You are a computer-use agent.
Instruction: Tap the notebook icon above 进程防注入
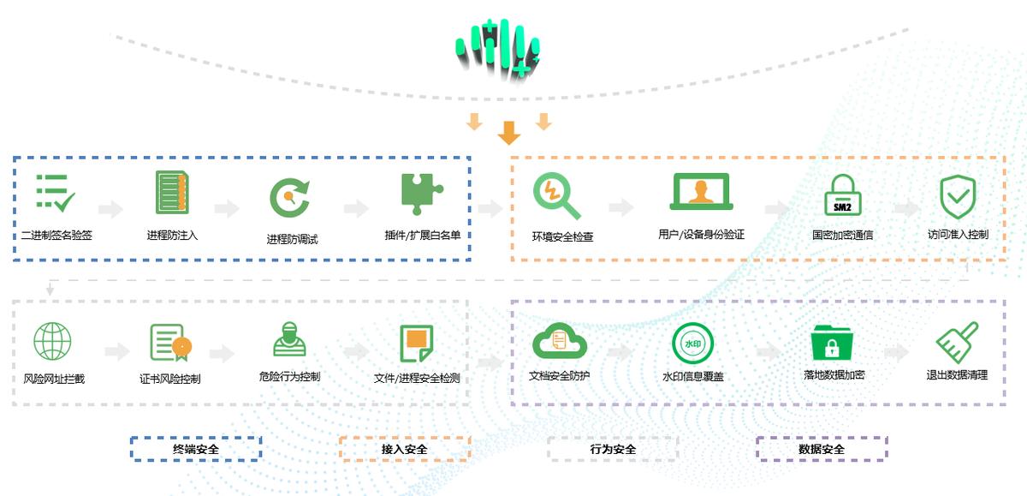[171, 193]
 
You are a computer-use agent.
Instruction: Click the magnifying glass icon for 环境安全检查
[555, 196]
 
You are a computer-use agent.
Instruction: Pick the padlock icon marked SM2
[842, 196]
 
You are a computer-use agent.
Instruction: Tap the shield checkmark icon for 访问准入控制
[958, 197]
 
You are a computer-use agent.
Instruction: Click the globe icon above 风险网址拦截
[53, 341]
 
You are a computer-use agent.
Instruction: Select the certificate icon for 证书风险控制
[169, 343]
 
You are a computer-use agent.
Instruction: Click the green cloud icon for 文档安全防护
[560, 342]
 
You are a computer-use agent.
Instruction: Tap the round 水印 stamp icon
[692, 344]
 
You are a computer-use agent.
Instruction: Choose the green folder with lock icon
[832, 343]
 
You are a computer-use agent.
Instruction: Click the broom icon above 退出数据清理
[957, 342]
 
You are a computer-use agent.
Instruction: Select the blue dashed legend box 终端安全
[196, 449]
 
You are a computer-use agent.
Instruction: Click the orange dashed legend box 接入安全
[405, 449]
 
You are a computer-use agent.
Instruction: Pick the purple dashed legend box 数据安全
[822, 449]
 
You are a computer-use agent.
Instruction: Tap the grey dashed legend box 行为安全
[613, 449]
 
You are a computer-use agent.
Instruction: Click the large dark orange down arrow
[509, 133]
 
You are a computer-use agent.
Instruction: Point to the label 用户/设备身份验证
[701, 234]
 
